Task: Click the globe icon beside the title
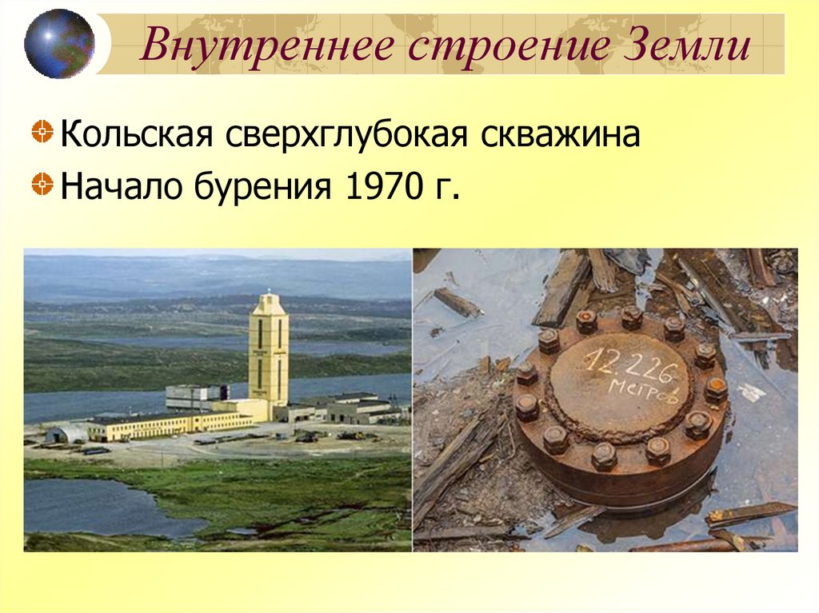click(58, 43)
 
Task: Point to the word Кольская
click(136, 135)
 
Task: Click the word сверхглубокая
click(346, 135)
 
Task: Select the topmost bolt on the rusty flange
click(632, 317)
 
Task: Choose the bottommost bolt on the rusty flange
click(604, 456)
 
